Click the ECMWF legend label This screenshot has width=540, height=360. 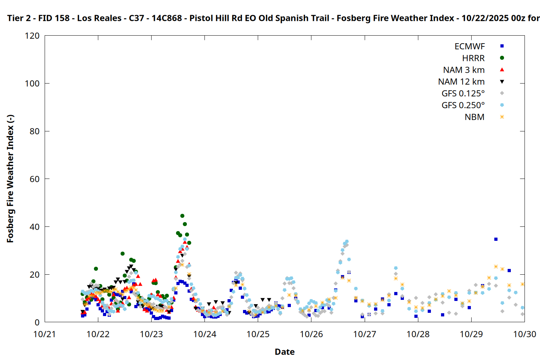(469, 46)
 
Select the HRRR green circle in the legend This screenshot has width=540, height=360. (502, 58)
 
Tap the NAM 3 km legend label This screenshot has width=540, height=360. (464, 70)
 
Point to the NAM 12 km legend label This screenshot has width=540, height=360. (461, 82)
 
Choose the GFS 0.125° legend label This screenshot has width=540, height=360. (463, 94)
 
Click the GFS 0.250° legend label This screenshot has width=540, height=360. (463, 105)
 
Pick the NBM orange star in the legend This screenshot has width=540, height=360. (502, 117)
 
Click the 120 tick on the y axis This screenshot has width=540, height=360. (32, 36)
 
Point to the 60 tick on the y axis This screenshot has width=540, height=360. (35, 179)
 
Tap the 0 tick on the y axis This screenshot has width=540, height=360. (37, 323)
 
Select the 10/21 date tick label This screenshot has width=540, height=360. (45, 334)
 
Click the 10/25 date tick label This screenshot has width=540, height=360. (258, 334)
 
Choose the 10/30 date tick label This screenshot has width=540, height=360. (525, 334)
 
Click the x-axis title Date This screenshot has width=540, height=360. (284, 352)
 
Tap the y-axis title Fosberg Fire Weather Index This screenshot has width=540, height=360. (10, 179)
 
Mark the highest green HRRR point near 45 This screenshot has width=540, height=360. (182, 216)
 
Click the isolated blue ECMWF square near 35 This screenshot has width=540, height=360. (496, 239)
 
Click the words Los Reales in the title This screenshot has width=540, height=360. (99, 18)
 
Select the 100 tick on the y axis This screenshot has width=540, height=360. (32, 84)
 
